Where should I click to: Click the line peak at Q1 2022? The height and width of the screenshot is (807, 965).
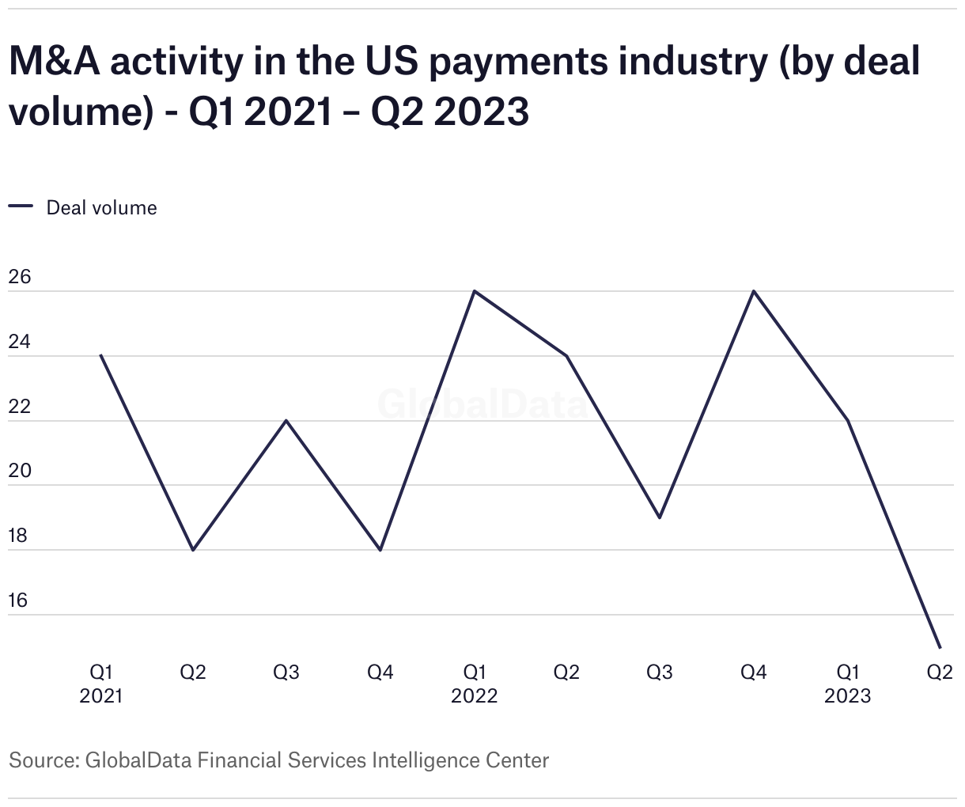(x=474, y=291)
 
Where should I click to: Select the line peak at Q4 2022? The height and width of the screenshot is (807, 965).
(x=754, y=291)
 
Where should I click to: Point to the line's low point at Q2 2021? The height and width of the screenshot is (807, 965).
(x=193, y=550)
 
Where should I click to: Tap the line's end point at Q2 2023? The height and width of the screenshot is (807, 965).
(x=940, y=647)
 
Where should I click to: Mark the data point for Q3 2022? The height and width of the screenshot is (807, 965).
(x=660, y=517)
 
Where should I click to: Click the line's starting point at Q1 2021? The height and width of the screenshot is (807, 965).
(x=100, y=355)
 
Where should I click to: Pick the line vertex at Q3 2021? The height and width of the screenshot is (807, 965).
(x=286, y=420)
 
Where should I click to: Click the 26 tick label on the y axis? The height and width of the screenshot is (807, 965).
(x=19, y=277)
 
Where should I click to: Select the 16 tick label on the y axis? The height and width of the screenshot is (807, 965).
(x=18, y=601)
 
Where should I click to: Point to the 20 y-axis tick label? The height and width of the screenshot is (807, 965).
(x=19, y=471)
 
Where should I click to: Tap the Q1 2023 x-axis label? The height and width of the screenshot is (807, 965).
(x=847, y=684)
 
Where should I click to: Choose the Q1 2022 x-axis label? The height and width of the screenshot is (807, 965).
(x=474, y=684)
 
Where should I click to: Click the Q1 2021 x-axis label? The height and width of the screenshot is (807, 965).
(x=100, y=684)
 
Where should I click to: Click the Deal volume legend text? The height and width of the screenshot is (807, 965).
(x=102, y=207)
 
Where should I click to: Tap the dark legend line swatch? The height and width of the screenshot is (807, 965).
(x=21, y=206)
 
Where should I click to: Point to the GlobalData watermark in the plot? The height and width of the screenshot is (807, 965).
(x=482, y=403)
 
